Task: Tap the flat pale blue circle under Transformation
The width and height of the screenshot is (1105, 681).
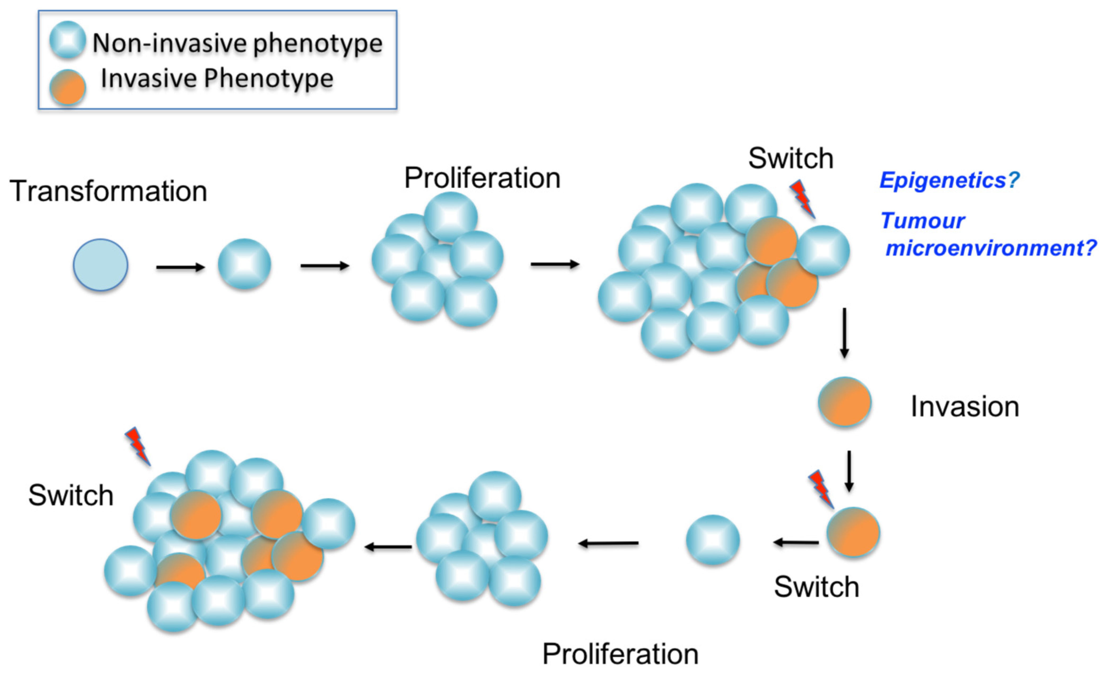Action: pos(100,265)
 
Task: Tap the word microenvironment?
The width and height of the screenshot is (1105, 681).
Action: pos(990,248)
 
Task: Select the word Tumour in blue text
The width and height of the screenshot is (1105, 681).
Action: pos(923,221)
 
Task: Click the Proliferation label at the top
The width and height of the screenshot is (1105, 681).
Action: pos(482,178)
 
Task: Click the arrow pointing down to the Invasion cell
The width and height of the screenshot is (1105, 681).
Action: pos(844,333)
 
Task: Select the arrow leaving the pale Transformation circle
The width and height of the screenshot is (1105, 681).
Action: pos(180,268)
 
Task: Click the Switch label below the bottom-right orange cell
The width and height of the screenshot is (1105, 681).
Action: pos(817,587)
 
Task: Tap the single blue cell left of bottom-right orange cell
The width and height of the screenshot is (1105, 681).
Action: pos(712,540)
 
